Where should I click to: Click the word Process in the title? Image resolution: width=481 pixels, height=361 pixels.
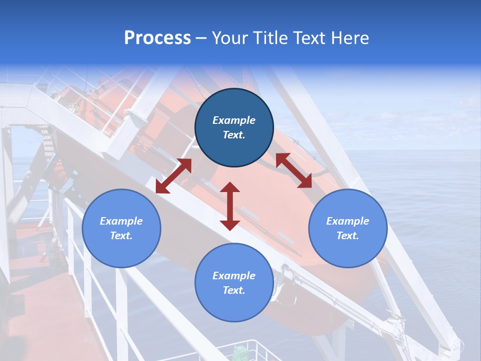point(157,38)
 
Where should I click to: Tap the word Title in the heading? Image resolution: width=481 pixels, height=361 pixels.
point(271,38)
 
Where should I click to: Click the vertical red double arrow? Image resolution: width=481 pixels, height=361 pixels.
point(230,206)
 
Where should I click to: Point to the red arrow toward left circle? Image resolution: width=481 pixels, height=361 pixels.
point(173,175)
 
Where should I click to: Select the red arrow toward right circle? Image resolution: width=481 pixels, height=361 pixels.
point(294,170)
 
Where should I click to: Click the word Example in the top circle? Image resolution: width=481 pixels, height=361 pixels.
point(234,120)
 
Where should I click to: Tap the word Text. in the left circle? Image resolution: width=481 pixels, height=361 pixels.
point(121,236)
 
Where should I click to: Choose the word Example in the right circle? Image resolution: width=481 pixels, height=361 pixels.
point(348,221)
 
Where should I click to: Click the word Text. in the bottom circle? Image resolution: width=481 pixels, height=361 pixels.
point(234,290)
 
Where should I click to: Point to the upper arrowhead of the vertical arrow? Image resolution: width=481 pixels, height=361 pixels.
point(230,188)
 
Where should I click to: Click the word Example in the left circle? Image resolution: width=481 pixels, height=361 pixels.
point(121,221)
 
